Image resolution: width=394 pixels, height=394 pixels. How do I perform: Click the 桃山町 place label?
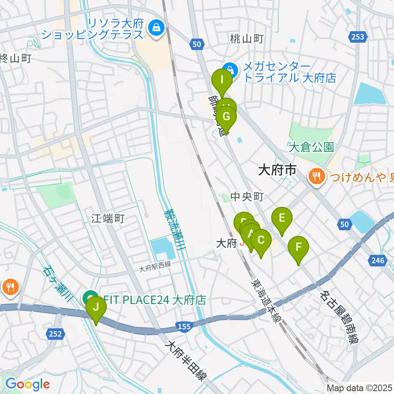246,39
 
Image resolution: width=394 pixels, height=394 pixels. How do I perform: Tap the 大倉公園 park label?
311,147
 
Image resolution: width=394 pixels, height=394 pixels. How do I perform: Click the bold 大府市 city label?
277,170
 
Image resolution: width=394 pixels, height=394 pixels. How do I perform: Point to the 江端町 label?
108,219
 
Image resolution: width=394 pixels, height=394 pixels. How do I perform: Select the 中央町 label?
247,197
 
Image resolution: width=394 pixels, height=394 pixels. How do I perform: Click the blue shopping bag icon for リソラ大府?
157,28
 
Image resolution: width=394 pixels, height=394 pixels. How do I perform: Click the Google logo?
27,384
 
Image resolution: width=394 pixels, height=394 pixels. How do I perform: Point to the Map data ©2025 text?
359,388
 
